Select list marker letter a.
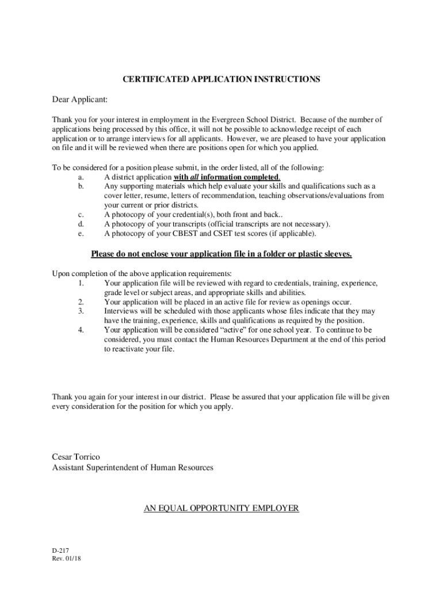(80, 177)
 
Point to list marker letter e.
(80, 234)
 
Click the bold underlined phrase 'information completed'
(245, 177)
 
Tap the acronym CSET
(245, 234)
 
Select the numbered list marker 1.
(80, 283)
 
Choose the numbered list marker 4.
(80, 330)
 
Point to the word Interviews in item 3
(122, 311)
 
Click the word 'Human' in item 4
(222, 339)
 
